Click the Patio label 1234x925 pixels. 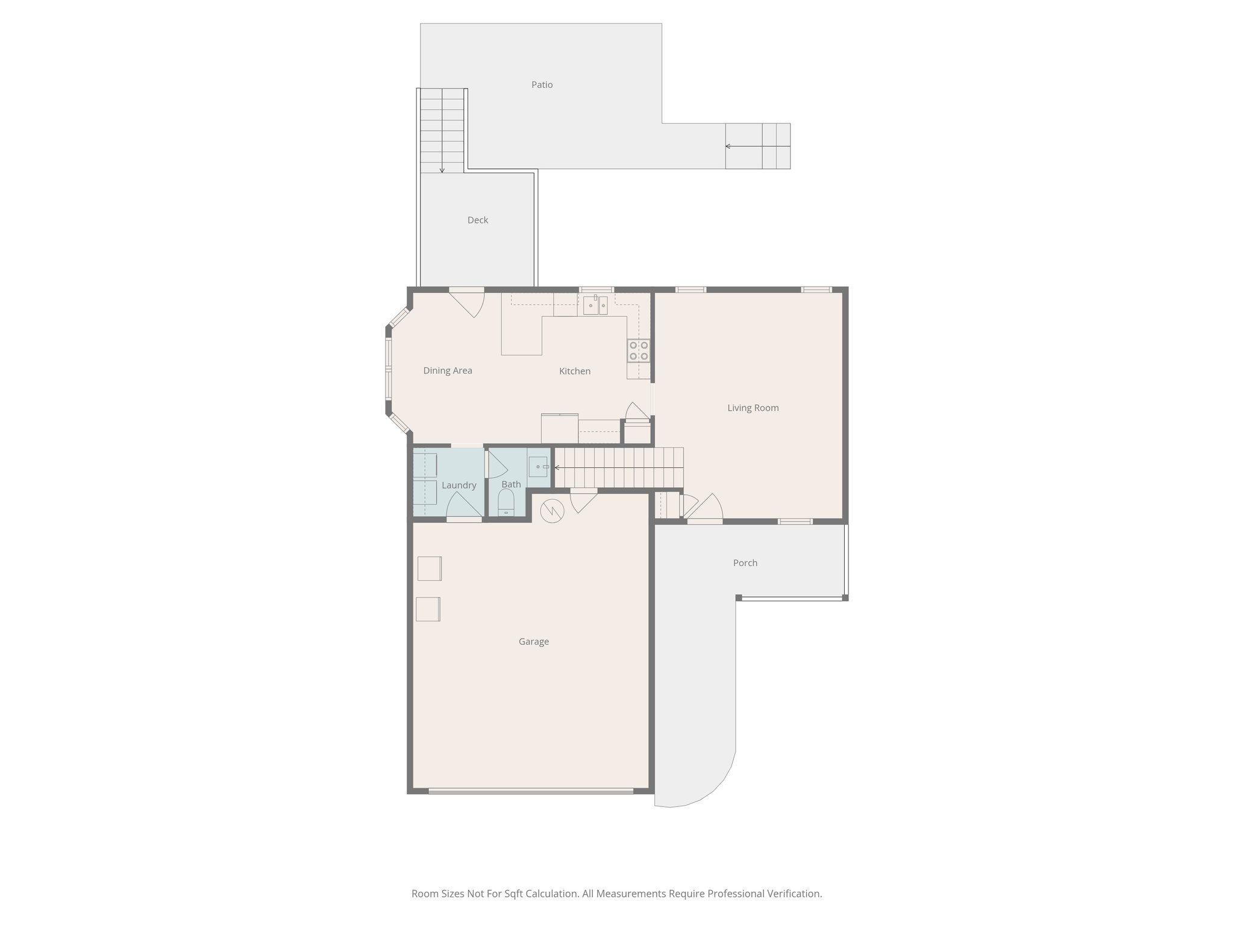[542, 85]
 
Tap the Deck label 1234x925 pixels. [477, 220]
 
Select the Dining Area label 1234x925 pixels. [447, 371]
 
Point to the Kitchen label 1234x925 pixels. [574, 372]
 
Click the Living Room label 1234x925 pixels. [753, 408]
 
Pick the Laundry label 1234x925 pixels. [459, 485]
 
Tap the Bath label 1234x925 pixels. [511, 484]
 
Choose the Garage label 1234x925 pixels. [533, 642]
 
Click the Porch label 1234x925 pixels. [745, 563]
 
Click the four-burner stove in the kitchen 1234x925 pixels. [639, 350]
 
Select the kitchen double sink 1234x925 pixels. [595, 306]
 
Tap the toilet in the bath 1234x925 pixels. [506, 502]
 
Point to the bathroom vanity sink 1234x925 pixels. [538, 467]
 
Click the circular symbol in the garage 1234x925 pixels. [552, 511]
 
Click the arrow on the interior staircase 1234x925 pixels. [557, 467]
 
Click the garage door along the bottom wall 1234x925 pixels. [531, 791]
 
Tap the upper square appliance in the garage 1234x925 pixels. [429, 568]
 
